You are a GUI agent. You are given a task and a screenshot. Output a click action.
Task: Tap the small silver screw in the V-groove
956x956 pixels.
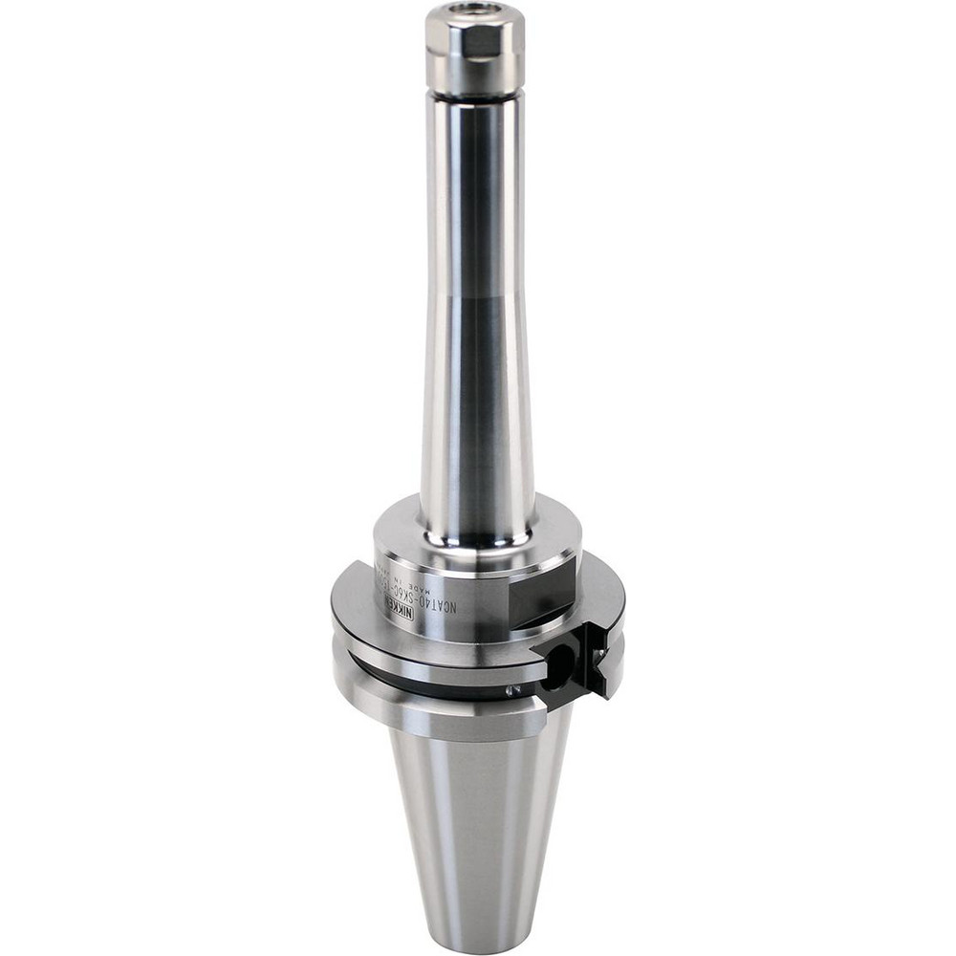click(x=512, y=690)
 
